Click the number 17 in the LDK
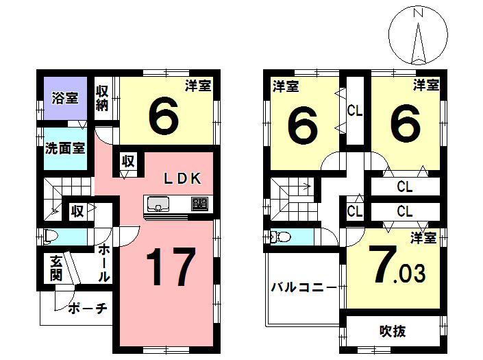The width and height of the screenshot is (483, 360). click(x=170, y=267)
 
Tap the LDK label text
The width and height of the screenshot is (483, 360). click(x=182, y=179)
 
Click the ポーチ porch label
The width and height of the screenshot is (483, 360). click(x=88, y=309)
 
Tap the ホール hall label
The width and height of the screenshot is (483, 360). click(x=103, y=263)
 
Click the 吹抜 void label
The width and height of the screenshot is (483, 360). click(x=393, y=331)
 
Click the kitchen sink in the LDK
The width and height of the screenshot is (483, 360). click(x=158, y=204)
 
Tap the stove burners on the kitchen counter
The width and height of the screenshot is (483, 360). click(x=199, y=204)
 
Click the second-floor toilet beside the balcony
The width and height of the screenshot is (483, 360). click(x=280, y=237)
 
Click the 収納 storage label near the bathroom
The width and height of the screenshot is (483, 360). click(x=103, y=97)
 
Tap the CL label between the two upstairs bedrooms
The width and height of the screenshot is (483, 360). click(x=354, y=110)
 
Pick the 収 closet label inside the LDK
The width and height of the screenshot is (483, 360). click(x=128, y=162)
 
